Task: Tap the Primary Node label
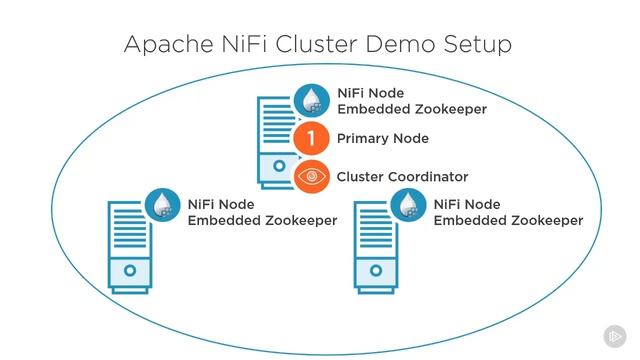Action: (383, 139)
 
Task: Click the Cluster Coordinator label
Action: (402, 177)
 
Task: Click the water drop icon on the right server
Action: (407, 204)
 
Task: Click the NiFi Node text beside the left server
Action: (220, 203)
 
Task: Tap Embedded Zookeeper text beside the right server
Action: (508, 220)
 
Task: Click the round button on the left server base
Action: (130, 271)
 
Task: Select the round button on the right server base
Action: (375, 271)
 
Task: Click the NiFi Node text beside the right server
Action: (465, 203)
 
